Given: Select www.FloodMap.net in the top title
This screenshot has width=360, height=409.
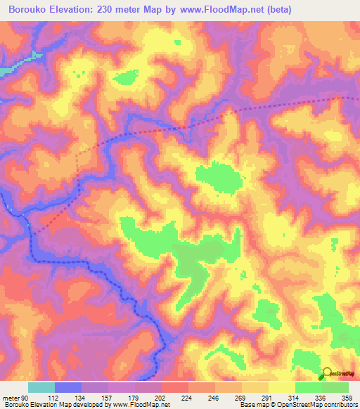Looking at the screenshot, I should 223,9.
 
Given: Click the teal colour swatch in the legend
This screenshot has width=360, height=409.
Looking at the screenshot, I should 41,387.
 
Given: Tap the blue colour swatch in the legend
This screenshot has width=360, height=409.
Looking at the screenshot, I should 67,387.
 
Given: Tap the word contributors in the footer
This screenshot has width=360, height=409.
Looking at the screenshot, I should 338,405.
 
